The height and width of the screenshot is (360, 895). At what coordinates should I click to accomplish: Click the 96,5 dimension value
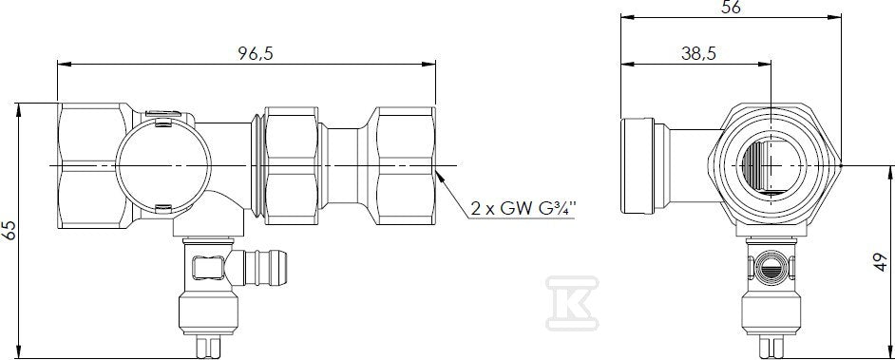[256, 53]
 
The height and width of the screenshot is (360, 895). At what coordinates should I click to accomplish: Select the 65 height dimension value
[8, 231]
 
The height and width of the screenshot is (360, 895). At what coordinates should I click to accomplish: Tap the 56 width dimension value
[732, 7]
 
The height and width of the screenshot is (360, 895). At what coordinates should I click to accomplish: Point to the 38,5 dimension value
[698, 53]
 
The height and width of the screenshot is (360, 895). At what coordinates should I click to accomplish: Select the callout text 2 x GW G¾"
[524, 209]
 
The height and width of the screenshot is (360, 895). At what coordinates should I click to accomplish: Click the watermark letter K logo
[572, 303]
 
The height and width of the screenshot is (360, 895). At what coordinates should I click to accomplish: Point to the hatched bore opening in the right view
[757, 165]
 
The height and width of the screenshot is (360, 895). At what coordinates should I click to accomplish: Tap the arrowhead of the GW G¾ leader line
[440, 174]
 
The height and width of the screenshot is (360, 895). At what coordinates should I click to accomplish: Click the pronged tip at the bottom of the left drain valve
[207, 347]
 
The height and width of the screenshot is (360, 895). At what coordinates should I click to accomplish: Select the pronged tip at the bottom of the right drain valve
[770, 347]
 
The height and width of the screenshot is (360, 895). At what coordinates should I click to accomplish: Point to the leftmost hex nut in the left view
[95, 165]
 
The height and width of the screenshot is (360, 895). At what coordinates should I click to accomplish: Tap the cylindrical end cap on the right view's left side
[638, 165]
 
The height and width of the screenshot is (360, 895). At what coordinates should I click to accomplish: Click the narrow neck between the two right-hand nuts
[342, 165]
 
